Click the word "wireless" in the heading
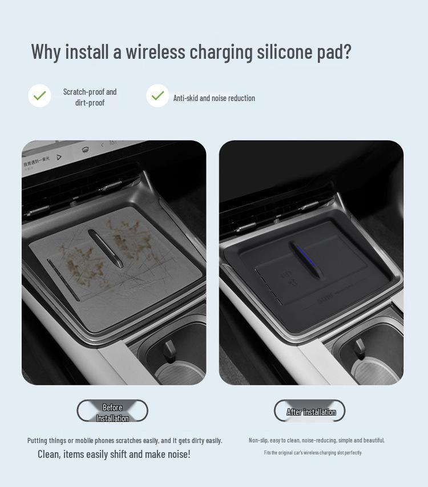pos(155,51)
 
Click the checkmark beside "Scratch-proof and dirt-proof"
pos(39,96)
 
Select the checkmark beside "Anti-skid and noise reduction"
pos(158,96)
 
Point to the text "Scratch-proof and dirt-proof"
pos(90,97)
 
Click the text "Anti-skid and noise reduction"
pos(214,98)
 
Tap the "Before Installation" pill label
pos(112,411)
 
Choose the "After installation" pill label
pos(310,411)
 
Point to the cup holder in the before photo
pos(174,357)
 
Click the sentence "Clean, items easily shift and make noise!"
pos(114,454)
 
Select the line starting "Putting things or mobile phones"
pos(124,440)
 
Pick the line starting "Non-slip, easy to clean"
pos(316,440)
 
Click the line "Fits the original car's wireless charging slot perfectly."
pos(313,453)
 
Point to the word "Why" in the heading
pos(46,51)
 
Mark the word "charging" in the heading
pos(220,52)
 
